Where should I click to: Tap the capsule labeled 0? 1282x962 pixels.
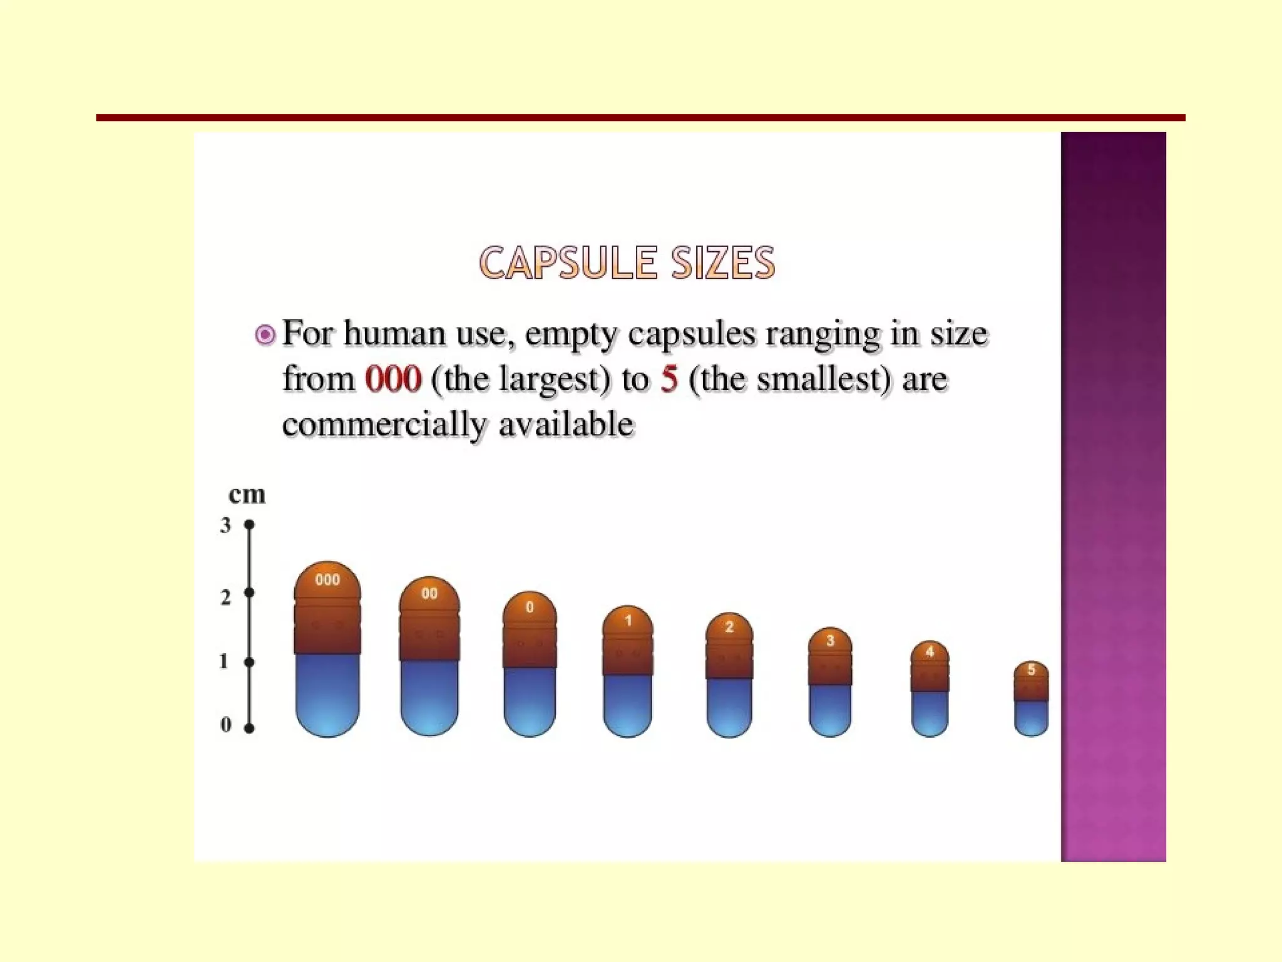tap(530, 664)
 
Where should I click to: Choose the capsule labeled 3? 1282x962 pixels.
tap(830, 682)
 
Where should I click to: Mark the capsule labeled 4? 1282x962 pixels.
tap(930, 689)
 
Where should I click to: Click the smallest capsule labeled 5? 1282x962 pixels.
tap(1031, 698)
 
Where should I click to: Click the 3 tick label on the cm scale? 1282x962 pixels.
tap(225, 525)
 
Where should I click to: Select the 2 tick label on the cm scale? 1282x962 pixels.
tap(225, 597)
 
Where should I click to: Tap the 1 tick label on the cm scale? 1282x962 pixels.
tap(223, 661)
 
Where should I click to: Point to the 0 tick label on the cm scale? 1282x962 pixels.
tap(225, 725)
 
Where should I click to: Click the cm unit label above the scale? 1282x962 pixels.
tap(247, 495)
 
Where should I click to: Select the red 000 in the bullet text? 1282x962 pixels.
tap(393, 379)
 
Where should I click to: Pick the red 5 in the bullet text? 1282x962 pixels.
tap(669, 379)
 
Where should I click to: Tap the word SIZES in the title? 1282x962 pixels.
tap(723, 263)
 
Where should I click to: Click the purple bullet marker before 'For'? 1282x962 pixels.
tap(265, 335)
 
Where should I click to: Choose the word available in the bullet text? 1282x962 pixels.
tap(567, 424)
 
